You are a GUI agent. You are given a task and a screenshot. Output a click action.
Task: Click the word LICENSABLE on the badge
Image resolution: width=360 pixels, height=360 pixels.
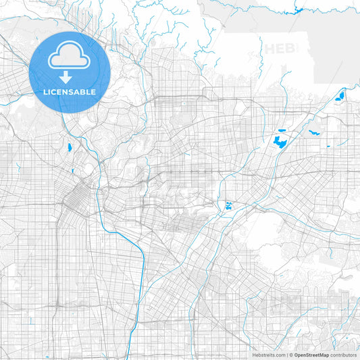coord(70,92)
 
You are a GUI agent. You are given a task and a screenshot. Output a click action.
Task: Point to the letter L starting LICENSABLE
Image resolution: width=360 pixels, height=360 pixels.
coord(45,92)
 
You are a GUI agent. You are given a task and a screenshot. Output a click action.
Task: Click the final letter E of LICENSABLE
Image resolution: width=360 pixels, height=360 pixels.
coord(94,92)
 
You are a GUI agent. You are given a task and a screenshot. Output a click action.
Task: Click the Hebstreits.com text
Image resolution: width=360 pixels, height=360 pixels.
coord(269,355)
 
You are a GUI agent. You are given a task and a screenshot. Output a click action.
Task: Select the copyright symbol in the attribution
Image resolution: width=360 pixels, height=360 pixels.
coord(290,355)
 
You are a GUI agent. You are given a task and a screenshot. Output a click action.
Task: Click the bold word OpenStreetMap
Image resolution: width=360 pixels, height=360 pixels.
coord(311,355)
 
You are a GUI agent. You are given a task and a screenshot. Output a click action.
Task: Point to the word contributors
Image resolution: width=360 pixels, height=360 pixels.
coord(343,355)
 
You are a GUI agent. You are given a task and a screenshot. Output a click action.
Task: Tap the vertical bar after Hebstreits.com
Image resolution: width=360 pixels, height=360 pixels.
coord(286,355)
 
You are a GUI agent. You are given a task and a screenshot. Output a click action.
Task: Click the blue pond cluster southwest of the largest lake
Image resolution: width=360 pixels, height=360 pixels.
coord(228,206)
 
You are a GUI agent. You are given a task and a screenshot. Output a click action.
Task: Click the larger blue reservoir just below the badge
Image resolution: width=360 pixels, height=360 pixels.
coord(69,147)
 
